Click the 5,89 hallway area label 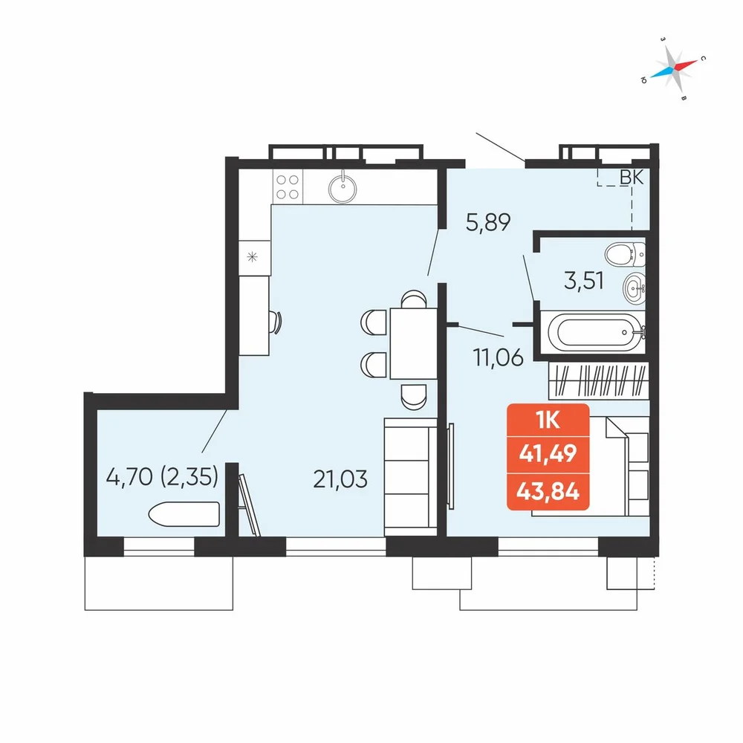(x=488, y=222)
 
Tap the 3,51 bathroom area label (x=584, y=281)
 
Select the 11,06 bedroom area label (x=499, y=357)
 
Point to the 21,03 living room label (x=340, y=479)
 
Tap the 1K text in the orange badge (x=548, y=420)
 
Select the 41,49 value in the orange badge (x=548, y=453)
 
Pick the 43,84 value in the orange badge (x=548, y=491)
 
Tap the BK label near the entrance (x=632, y=178)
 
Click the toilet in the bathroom (x=625, y=254)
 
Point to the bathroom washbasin (x=634, y=288)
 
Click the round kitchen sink (x=343, y=188)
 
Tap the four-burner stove (x=288, y=186)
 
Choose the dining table (x=413, y=343)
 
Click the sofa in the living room (x=410, y=477)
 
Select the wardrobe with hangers (x=598, y=380)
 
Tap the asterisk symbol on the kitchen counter (x=252, y=257)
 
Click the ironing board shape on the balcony (x=184, y=514)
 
